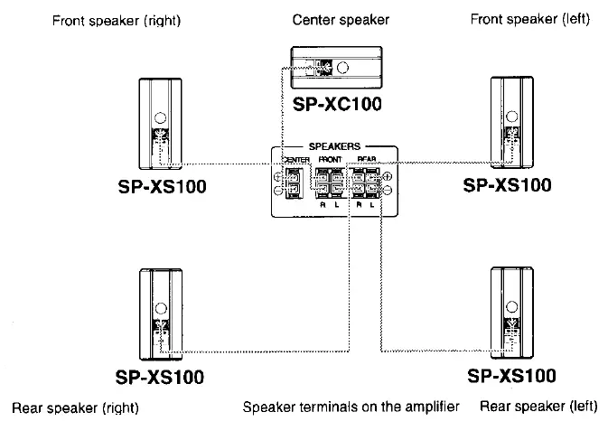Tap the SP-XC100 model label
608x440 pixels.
pyautogui.click(x=337, y=104)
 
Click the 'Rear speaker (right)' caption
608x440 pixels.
pyautogui.click(x=75, y=407)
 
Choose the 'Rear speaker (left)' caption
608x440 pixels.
pyautogui.click(x=538, y=407)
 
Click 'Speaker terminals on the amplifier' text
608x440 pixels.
pyautogui.click(x=351, y=407)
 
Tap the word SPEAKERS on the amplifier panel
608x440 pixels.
pyautogui.click(x=335, y=145)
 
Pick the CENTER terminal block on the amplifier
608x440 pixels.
pyautogui.click(x=292, y=180)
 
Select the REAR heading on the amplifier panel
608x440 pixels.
pyautogui.click(x=366, y=159)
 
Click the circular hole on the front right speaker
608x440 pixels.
pyautogui.click(x=160, y=117)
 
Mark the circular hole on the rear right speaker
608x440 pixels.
pyautogui.click(x=160, y=308)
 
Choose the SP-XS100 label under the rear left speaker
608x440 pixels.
pyautogui.click(x=510, y=374)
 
